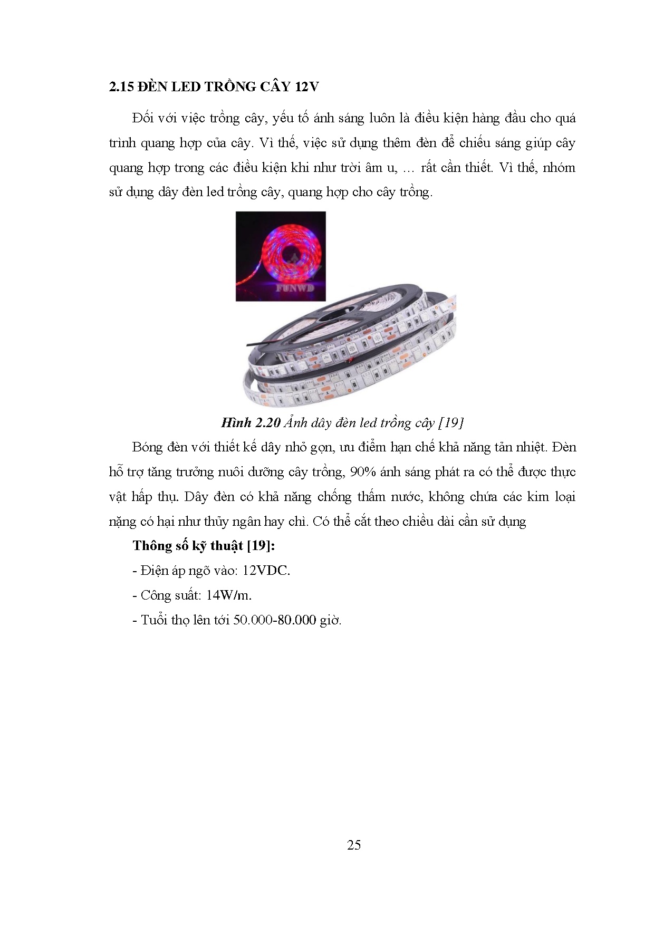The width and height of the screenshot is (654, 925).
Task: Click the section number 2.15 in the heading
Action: click(121, 86)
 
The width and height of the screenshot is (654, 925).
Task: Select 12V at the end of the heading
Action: click(306, 86)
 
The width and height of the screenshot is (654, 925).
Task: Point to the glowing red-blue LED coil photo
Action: click(280, 256)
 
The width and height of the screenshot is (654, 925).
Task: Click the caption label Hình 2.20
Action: click(249, 422)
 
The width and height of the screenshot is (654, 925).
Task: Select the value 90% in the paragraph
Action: click(362, 471)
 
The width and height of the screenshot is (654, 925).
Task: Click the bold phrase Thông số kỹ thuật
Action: click(188, 545)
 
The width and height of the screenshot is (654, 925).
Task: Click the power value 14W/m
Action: click(228, 595)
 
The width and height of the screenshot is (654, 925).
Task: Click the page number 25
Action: click(354, 845)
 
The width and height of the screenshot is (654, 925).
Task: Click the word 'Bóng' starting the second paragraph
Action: click(148, 447)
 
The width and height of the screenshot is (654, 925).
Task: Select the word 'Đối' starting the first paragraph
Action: click(143, 118)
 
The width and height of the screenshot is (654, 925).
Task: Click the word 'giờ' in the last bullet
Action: click(331, 620)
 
